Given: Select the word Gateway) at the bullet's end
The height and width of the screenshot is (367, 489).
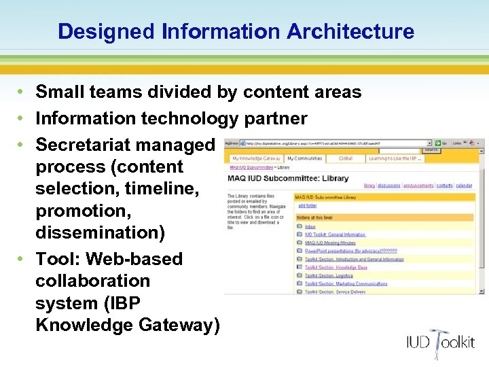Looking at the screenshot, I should click(179, 325).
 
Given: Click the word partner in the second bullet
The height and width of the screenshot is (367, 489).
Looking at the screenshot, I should click(274, 118).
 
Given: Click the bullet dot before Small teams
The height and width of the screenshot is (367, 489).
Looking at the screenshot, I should click(22, 92).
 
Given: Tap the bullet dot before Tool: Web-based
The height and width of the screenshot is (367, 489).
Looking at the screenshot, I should click(22, 259).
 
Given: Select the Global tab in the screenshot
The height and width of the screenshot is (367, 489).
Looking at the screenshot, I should click(346, 158).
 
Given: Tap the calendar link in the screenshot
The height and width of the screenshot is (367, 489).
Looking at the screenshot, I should click(464, 185).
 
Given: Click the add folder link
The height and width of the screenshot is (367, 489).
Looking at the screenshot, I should click(307, 205).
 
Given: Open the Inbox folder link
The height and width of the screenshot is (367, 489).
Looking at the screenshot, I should click(310, 226).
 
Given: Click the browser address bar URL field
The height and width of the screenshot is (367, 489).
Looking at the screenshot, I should click(333, 143).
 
